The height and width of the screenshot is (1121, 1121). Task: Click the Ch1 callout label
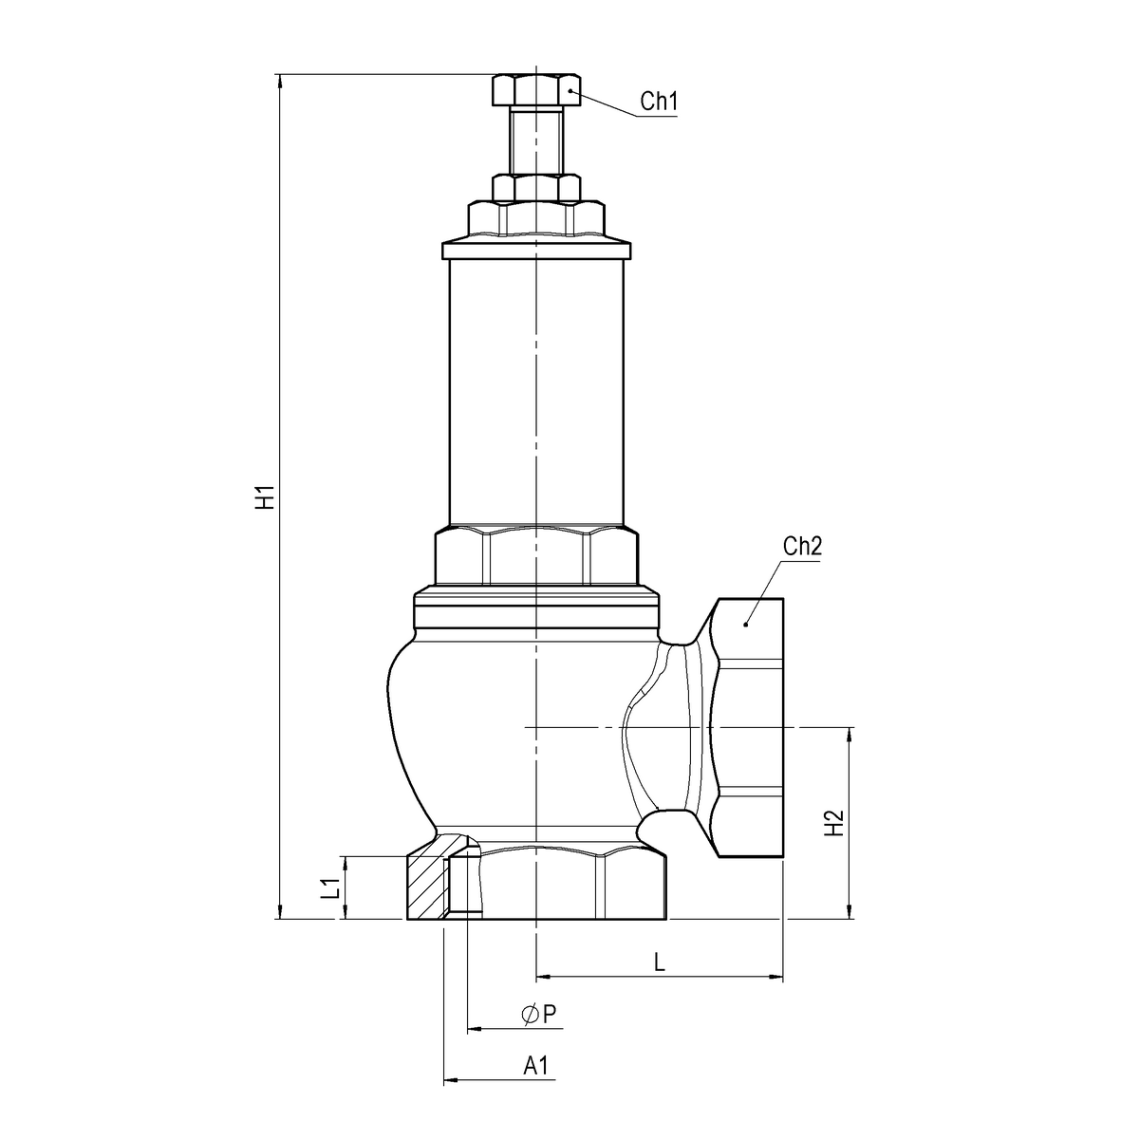658,102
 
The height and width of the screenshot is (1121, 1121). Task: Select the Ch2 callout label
801,547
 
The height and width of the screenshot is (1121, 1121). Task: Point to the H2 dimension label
833,823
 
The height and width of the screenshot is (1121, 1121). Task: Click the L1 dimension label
329,889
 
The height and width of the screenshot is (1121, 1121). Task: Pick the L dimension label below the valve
659,962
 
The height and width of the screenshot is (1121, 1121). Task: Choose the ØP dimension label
538,1015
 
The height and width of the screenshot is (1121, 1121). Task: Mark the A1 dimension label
537,1066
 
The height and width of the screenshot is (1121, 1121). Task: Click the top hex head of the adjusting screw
536,90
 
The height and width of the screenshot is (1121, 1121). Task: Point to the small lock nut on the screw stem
536,187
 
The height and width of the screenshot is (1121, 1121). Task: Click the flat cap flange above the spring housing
536,251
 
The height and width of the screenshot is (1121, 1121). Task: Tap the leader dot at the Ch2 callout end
746,624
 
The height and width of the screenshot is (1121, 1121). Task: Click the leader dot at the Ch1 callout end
570,90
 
